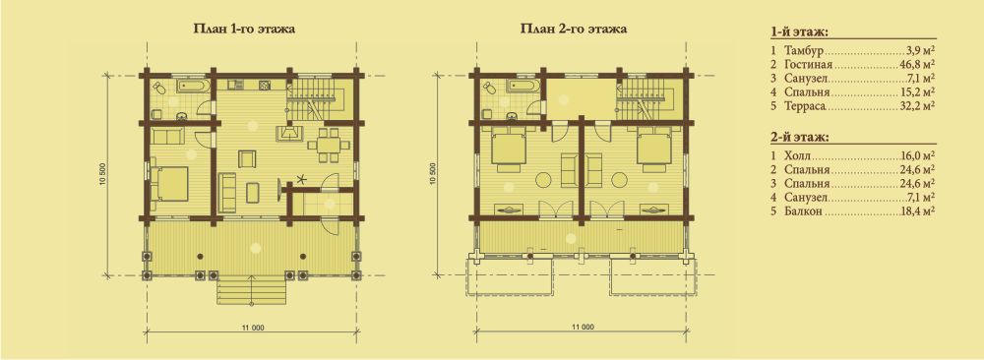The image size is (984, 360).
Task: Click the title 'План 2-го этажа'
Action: click(573, 29)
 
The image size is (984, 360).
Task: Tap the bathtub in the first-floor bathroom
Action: click(192, 86)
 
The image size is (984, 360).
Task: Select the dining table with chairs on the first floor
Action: click(329, 145)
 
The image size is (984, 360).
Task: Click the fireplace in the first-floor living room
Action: click(288, 133)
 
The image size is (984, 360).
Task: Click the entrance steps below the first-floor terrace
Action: click(251, 291)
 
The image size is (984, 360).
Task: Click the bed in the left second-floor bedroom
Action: click(507, 150)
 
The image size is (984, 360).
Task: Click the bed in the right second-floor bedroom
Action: click(654, 150)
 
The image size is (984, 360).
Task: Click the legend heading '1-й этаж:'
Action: click(797, 31)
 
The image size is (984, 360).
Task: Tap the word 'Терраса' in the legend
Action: click(805, 106)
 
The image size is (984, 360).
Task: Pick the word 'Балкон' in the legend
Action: click(803, 212)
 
